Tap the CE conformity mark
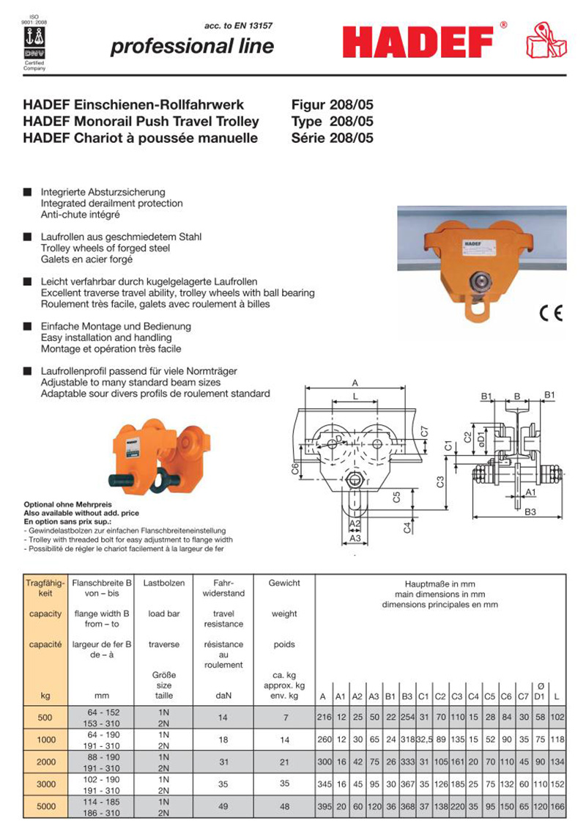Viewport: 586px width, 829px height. (x=550, y=314)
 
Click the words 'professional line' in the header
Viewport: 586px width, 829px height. (x=192, y=47)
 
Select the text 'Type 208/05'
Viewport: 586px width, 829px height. (x=332, y=121)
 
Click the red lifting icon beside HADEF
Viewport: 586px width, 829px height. (x=546, y=41)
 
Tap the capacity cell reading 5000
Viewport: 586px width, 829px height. (x=45, y=807)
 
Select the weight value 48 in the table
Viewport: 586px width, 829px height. (x=284, y=807)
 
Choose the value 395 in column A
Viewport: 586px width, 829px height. (x=323, y=807)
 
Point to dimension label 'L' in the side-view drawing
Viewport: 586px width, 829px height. (x=355, y=396)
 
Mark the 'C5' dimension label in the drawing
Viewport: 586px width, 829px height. (x=396, y=496)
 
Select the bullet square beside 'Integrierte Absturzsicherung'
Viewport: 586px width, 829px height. (x=27, y=193)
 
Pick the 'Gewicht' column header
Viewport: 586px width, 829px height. (x=284, y=583)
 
